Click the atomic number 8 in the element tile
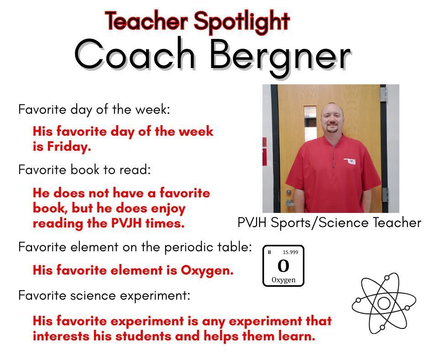(269, 252)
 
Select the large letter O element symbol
(283, 266)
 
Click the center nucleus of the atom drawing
(384, 303)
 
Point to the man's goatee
(332, 129)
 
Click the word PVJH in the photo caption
(253, 222)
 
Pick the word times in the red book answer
(171, 224)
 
